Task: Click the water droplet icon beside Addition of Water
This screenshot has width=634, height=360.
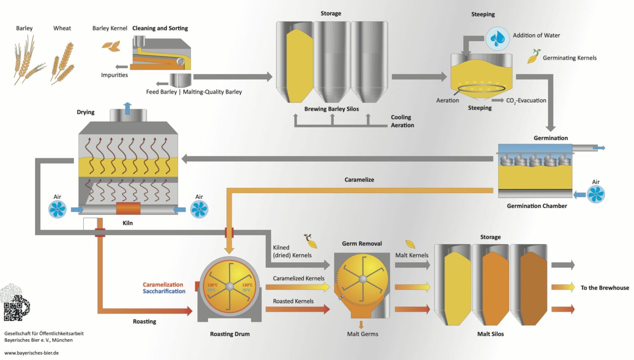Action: pyautogui.click(x=497, y=39)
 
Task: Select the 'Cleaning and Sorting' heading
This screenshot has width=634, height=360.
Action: pyautogui.click(x=160, y=28)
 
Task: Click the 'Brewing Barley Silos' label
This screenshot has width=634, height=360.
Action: pyautogui.click(x=331, y=109)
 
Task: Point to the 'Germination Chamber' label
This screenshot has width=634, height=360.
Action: pyautogui.click(x=537, y=206)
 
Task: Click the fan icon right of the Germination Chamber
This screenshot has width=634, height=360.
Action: pyautogui.click(x=596, y=194)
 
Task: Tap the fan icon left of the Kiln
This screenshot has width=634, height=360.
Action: pyautogui.click(x=58, y=209)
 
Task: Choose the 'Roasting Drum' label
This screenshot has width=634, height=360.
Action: pyautogui.click(x=230, y=334)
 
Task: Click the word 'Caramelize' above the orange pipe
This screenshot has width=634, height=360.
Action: pyautogui.click(x=359, y=180)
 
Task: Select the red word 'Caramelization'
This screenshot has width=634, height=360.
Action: pyautogui.click(x=163, y=285)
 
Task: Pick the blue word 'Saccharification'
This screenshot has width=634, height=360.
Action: pyautogui.click(x=164, y=291)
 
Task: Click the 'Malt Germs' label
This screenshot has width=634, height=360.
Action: pyautogui.click(x=362, y=334)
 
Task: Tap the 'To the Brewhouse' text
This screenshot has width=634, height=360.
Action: pyautogui.click(x=604, y=288)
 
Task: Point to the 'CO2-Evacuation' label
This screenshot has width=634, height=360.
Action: pyautogui.click(x=526, y=100)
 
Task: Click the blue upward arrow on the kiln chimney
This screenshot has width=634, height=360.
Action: pyautogui.click(x=127, y=108)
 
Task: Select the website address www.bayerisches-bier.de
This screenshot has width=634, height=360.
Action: pyautogui.click(x=32, y=352)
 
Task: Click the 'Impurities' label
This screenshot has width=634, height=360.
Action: pyautogui.click(x=114, y=75)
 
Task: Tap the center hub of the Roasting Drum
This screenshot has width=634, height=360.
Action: pyautogui.click(x=229, y=287)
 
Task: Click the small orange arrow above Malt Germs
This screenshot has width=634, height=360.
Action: pyautogui.click(x=361, y=325)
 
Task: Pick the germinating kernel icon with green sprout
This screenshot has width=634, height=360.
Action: pyautogui.click(x=534, y=56)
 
